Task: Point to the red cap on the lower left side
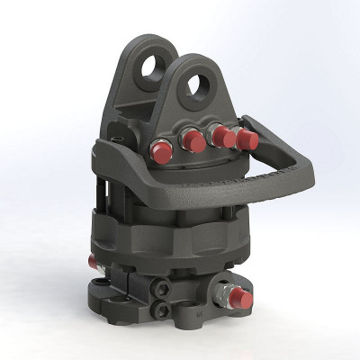point(93,262)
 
